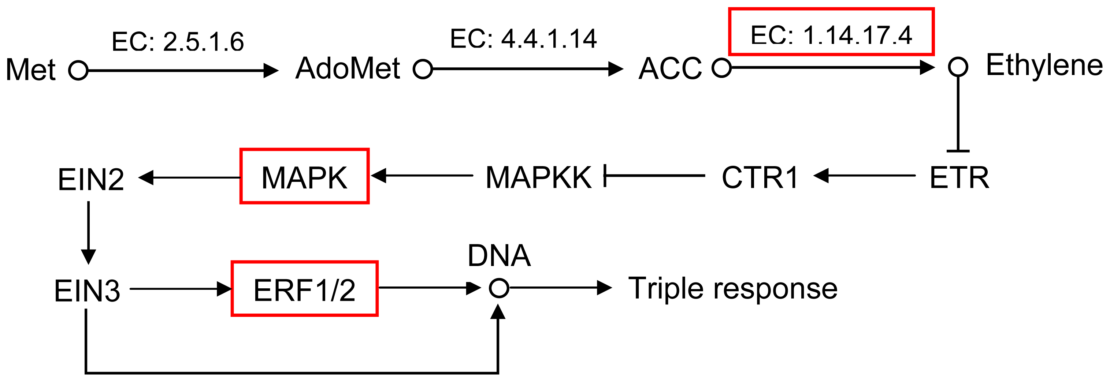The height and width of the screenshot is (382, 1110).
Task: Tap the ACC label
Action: coord(670,68)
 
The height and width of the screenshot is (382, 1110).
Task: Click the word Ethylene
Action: coord(1044,65)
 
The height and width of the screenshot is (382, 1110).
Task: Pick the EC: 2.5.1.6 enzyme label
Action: coord(178,42)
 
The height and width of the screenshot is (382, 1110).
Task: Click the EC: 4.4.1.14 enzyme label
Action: coord(523,39)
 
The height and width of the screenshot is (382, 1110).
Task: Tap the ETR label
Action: coord(959,177)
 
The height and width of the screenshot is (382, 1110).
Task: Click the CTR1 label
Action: coord(760,177)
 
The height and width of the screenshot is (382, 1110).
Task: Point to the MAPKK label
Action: coord(538,177)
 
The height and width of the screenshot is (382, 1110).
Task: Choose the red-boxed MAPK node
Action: coord(304,177)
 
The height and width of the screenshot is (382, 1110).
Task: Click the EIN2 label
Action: coord(91,180)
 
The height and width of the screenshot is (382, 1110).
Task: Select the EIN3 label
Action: coord(87,291)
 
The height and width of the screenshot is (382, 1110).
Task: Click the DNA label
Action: coord(499,256)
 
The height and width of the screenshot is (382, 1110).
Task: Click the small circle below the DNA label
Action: coord(499,288)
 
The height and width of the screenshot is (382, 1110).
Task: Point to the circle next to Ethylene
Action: coord(958,67)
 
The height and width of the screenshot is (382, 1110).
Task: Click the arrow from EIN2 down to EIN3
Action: coord(88,233)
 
